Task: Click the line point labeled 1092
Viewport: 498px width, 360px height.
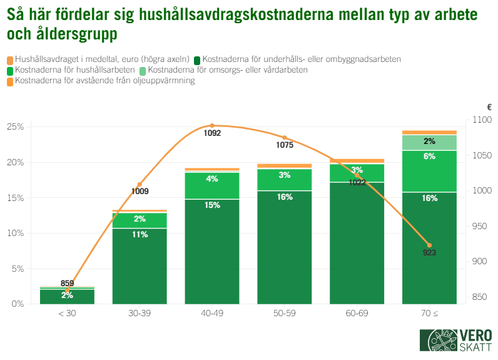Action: click(x=212, y=126)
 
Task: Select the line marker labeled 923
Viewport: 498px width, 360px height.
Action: click(x=429, y=245)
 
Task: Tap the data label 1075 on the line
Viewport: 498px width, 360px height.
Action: click(x=285, y=145)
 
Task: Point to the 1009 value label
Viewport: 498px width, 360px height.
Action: click(x=140, y=192)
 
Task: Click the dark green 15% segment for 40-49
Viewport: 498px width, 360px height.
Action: click(x=212, y=250)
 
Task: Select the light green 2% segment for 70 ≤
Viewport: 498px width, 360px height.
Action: click(x=429, y=142)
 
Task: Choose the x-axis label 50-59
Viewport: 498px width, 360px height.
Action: click(x=285, y=312)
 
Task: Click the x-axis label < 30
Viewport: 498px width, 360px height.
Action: click(x=67, y=312)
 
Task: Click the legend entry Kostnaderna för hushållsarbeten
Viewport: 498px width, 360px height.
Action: click(x=74, y=70)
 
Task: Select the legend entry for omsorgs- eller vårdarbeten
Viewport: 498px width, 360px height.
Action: click(x=228, y=70)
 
